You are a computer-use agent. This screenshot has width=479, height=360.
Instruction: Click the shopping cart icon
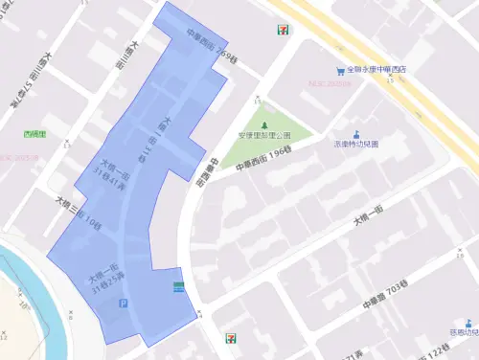(340, 70)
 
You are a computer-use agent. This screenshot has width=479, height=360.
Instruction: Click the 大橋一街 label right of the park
(368, 222)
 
